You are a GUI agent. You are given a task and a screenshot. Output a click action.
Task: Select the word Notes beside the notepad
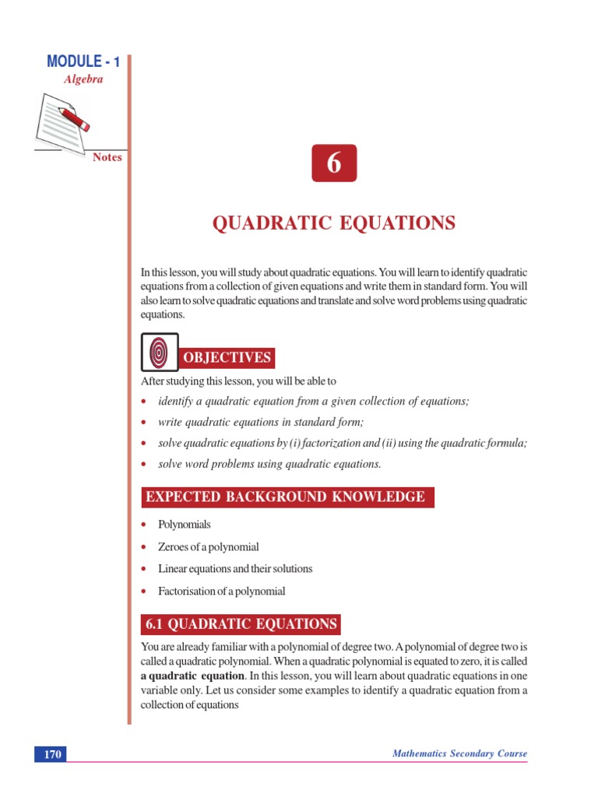pyautogui.click(x=107, y=157)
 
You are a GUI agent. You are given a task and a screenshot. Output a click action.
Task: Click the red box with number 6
pyautogui.click(x=334, y=163)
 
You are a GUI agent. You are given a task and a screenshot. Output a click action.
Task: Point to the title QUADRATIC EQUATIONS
pyautogui.click(x=334, y=224)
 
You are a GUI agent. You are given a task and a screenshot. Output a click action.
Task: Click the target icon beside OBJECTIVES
pyautogui.click(x=160, y=352)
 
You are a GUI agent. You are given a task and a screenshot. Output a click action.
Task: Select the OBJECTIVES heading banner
pyautogui.click(x=227, y=358)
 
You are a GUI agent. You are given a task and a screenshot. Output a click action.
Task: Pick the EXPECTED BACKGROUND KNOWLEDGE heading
pyautogui.click(x=287, y=497)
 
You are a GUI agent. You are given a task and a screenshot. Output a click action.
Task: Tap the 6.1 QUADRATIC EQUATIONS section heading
pyautogui.click(x=241, y=624)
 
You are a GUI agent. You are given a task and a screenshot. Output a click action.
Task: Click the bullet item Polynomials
pyautogui.click(x=185, y=525)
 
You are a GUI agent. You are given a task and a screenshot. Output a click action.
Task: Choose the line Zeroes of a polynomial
pyautogui.click(x=208, y=547)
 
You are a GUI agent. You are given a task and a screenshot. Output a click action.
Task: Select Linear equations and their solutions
pyautogui.click(x=235, y=569)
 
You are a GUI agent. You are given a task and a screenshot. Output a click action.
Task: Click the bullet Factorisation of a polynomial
pyautogui.click(x=221, y=592)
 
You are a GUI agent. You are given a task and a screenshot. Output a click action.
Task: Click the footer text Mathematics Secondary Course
pyautogui.click(x=459, y=753)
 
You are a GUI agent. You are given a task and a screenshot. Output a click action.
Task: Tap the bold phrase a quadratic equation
pyautogui.click(x=192, y=676)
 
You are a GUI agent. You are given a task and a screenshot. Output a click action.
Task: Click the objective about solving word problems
pyautogui.click(x=269, y=464)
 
